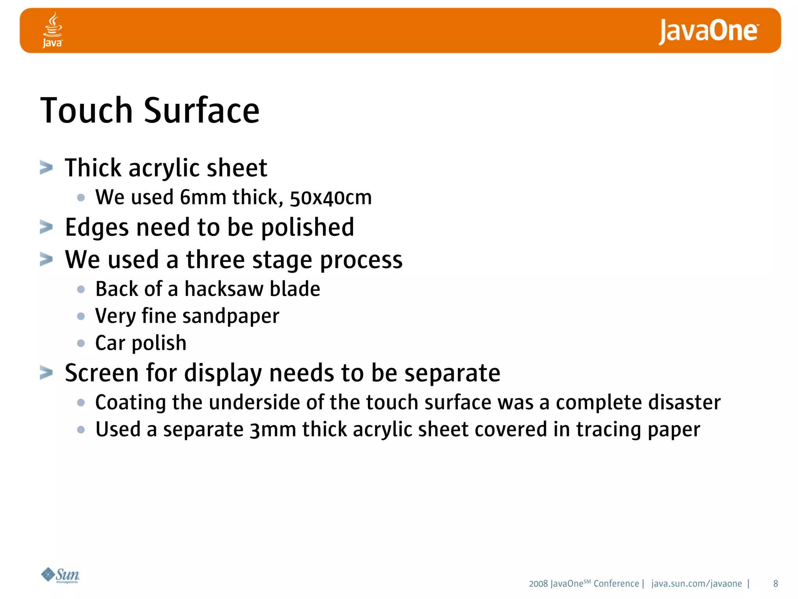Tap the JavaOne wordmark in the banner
pyautogui.click(x=708, y=31)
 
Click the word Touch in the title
pyautogui.click(x=87, y=111)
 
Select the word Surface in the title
pyautogui.click(x=201, y=111)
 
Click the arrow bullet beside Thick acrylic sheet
pyautogui.click(x=46, y=168)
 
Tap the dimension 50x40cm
pyautogui.click(x=330, y=198)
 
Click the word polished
pyautogui.click(x=307, y=227)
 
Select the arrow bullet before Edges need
pyautogui.click(x=46, y=227)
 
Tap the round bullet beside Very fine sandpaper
pyautogui.click(x=81, y=316)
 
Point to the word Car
pyautogui.click(x=110, y=343)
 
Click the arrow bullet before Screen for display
pyautogui.click(x=46, y=373)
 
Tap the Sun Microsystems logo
pyautogui.click(x=60, y=575)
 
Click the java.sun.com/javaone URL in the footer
pyautogui.click(x=696, y=584)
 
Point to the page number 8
pyautogui.click(x=775, y=584)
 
